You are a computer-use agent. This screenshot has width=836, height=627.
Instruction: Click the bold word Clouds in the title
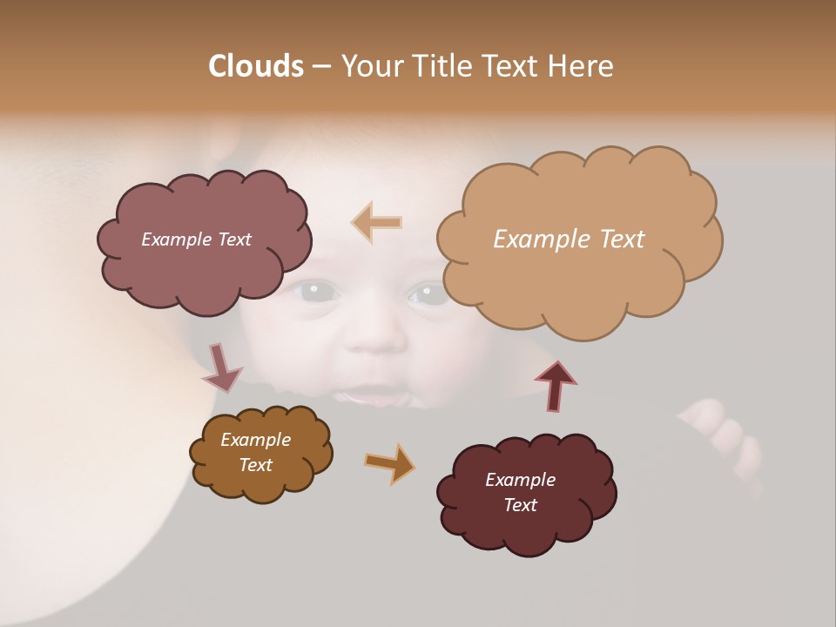(x=255, y=65)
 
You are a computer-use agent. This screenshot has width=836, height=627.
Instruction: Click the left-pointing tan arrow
(x=377, y=222)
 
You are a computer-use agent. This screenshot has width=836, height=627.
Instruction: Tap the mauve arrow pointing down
(x=221, y=368)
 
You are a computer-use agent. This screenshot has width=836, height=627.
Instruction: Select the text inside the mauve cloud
(x=196, y=239)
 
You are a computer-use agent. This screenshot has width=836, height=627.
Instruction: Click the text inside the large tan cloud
(x=569, y=239)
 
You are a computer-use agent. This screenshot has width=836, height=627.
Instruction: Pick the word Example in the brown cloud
(x=255, y=440)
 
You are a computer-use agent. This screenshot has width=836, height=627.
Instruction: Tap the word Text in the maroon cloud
(x=520, y=505)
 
